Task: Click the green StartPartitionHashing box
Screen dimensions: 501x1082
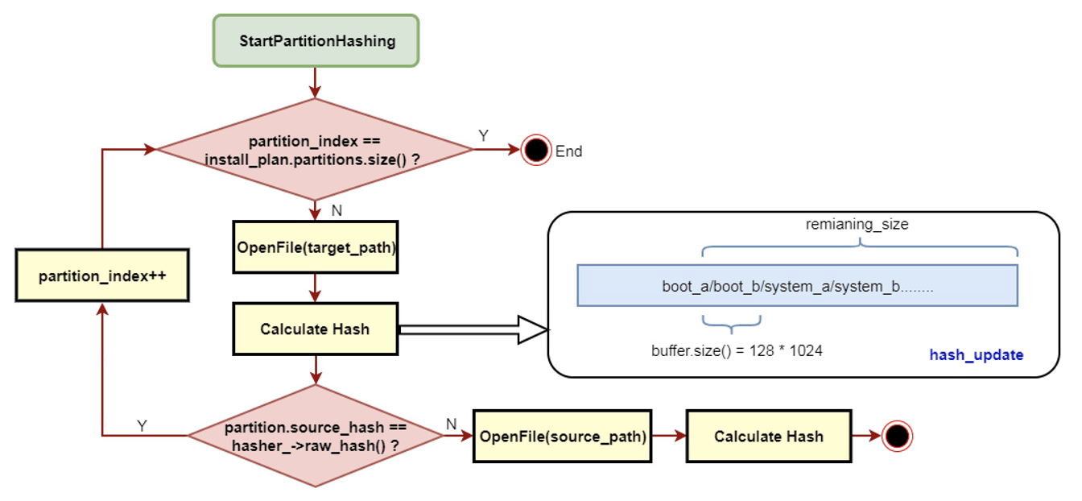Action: click(316, 40)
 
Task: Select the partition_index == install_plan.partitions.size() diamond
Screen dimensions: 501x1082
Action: click(315, 149)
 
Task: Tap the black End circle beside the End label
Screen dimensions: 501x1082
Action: click(535, 150)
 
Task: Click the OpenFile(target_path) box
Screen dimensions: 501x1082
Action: click(316, 247)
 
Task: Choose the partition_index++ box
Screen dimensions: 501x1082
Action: click(102, 275)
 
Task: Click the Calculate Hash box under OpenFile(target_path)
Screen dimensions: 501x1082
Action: click(316, 329)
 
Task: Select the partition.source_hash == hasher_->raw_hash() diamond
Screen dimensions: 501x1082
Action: click(315, 436)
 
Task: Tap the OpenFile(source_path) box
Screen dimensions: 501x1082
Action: click(562, 437)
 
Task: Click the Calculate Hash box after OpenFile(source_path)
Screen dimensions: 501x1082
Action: click(769, 437)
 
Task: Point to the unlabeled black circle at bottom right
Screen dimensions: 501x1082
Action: click(897, 437)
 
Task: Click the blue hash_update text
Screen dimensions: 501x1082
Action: click(976, 354)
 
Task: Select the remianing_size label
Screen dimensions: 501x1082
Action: click(857, 225)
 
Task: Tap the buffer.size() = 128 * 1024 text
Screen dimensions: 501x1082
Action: click(737, 351)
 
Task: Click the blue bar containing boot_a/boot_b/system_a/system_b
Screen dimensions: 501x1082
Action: click(797, 286)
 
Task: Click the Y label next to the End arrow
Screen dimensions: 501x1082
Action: click(483, 135)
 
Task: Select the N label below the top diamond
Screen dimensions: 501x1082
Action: click(337, 209)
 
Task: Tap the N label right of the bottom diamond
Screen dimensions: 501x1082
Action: click(451, 424)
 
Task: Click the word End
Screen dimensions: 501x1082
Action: click(568, 151)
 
